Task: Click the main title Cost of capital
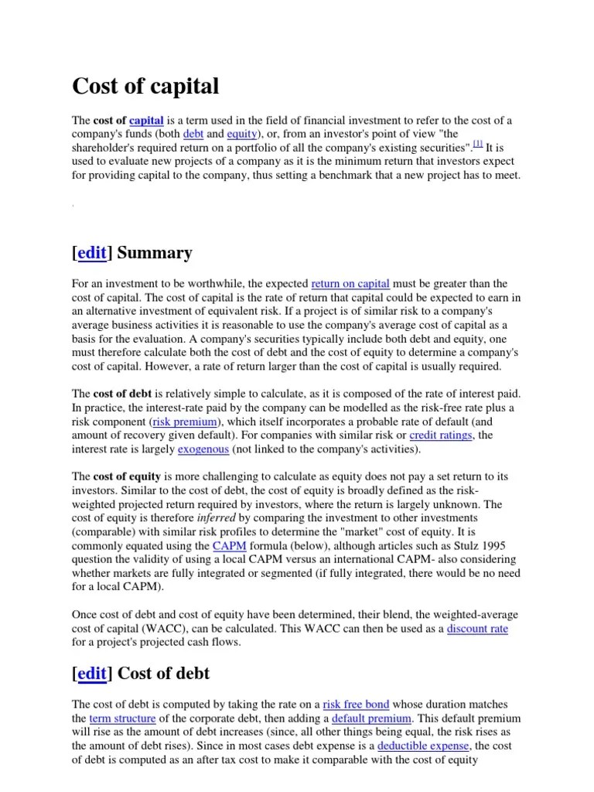coord(145,87)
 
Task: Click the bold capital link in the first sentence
coord(146,121)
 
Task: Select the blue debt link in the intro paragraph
coord(193,134)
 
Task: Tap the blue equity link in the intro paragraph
coord(241,134)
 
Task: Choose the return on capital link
coord(350,284)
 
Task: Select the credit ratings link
coord(442,435)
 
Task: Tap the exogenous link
coord(203,449)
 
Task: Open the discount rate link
coord(477,629)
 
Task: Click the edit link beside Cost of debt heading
coord(92,674)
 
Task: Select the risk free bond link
coord(356,705)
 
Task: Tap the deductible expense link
coord(423,746)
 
